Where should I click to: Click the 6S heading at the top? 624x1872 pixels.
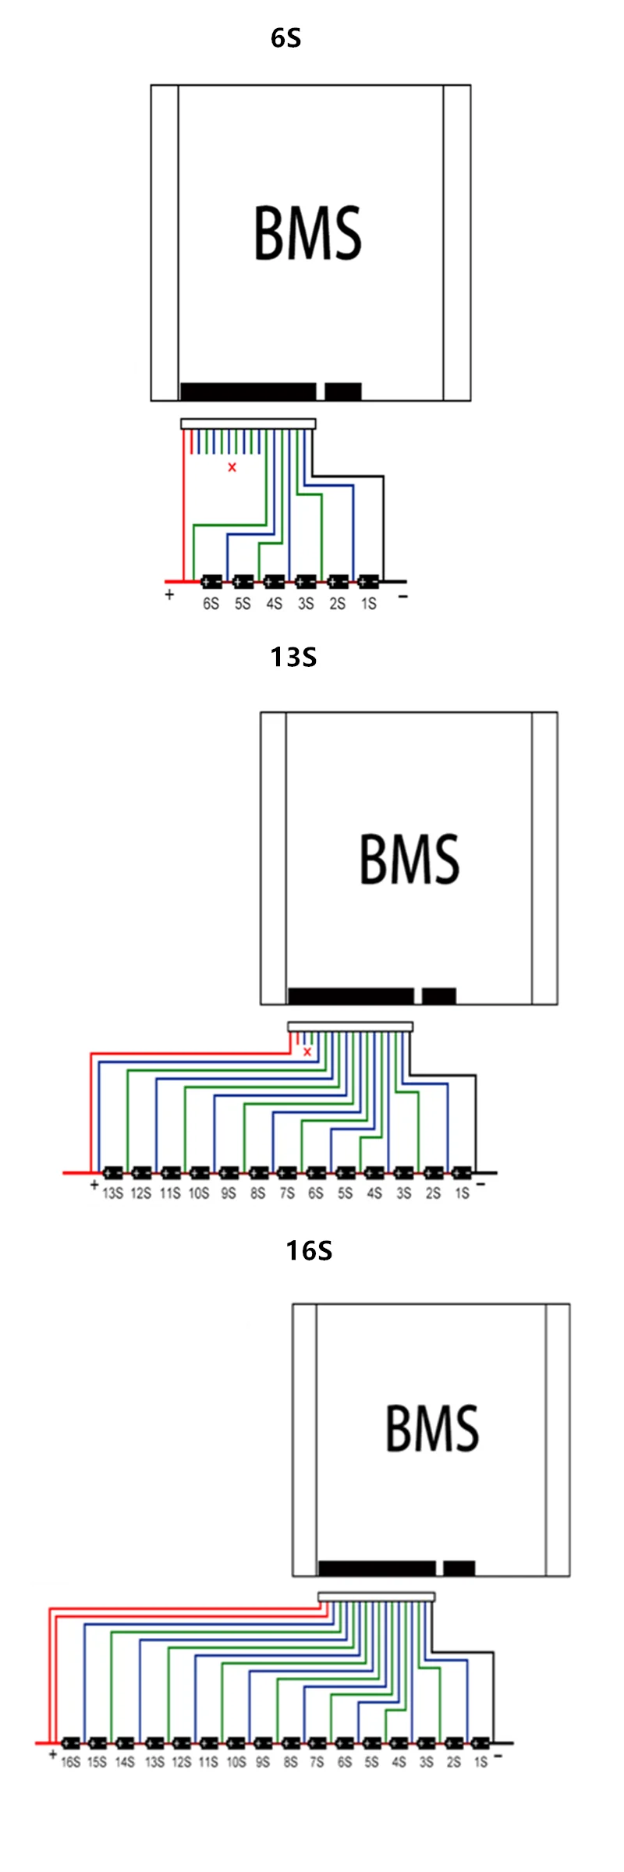point(285,38)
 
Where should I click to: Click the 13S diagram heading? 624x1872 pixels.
point(293,658)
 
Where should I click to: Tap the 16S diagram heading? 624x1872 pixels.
point(309,1251)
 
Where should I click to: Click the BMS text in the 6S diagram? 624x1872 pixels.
point(308,233)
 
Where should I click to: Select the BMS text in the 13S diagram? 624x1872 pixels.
point(409,859)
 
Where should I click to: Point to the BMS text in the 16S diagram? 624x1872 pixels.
point(432,1428)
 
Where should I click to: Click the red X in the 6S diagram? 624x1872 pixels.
point(232,467)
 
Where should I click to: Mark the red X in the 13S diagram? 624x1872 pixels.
point(307,1051)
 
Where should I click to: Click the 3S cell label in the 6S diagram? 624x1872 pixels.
point(306,604)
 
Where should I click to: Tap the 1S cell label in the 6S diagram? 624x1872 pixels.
point(369,604)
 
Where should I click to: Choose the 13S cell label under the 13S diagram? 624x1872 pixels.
point(113,1193)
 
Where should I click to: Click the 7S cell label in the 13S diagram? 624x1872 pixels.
point(287,1193)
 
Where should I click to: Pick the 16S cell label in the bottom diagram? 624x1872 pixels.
point(71,1762)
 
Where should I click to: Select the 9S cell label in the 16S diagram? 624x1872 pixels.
point(263,1762)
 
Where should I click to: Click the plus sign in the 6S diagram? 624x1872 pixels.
point(169,595)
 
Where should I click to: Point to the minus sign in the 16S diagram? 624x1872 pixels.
point(498,1756)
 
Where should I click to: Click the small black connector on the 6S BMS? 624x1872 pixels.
point(343,391)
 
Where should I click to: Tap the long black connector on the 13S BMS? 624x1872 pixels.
point(351,996)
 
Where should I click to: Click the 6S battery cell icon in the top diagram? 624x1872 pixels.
point(211,582)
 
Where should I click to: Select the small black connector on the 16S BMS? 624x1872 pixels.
point(459,1568)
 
